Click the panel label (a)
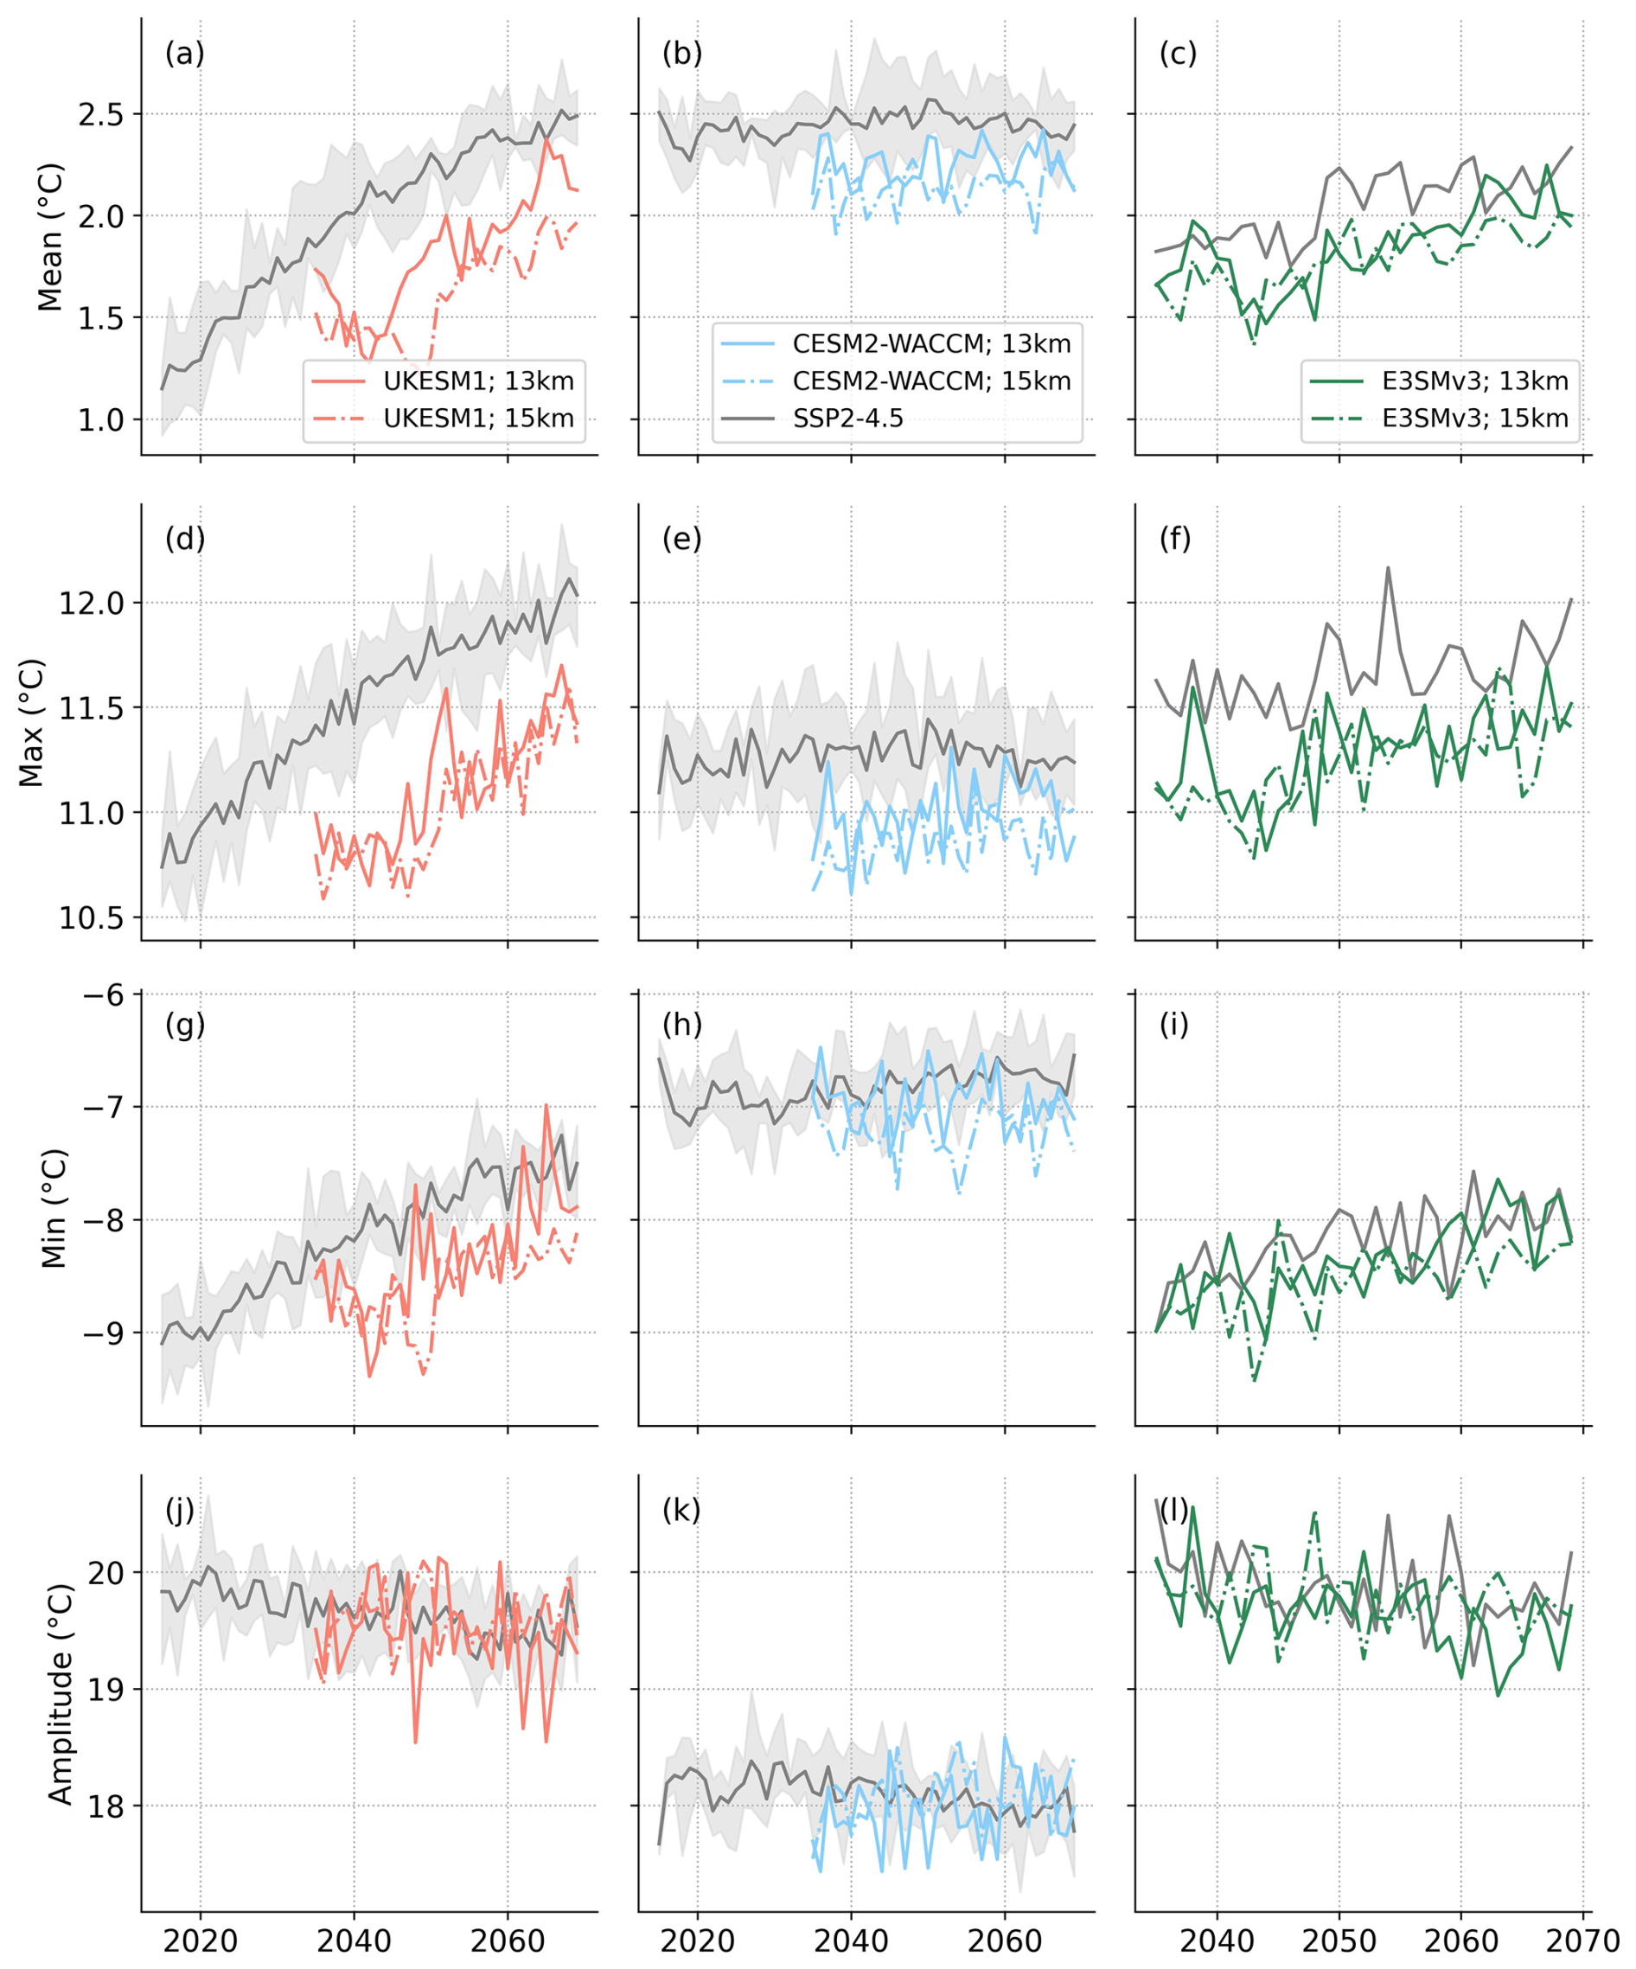click(184, 54)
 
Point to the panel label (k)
click(681, 1511)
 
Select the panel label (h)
click(681, 1025)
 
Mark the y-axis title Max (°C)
click(32, 723)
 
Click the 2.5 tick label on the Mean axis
click(100, 115)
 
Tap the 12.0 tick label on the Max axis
click(92, 603)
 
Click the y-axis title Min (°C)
click(54, 1209)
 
